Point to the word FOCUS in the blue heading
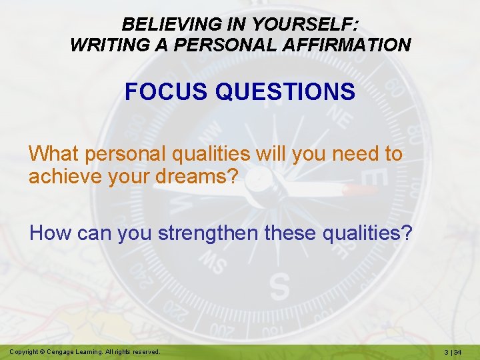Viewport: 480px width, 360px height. (166, 92)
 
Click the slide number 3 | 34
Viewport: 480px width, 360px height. (456, 351)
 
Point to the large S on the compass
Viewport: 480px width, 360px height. (279, 286)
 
